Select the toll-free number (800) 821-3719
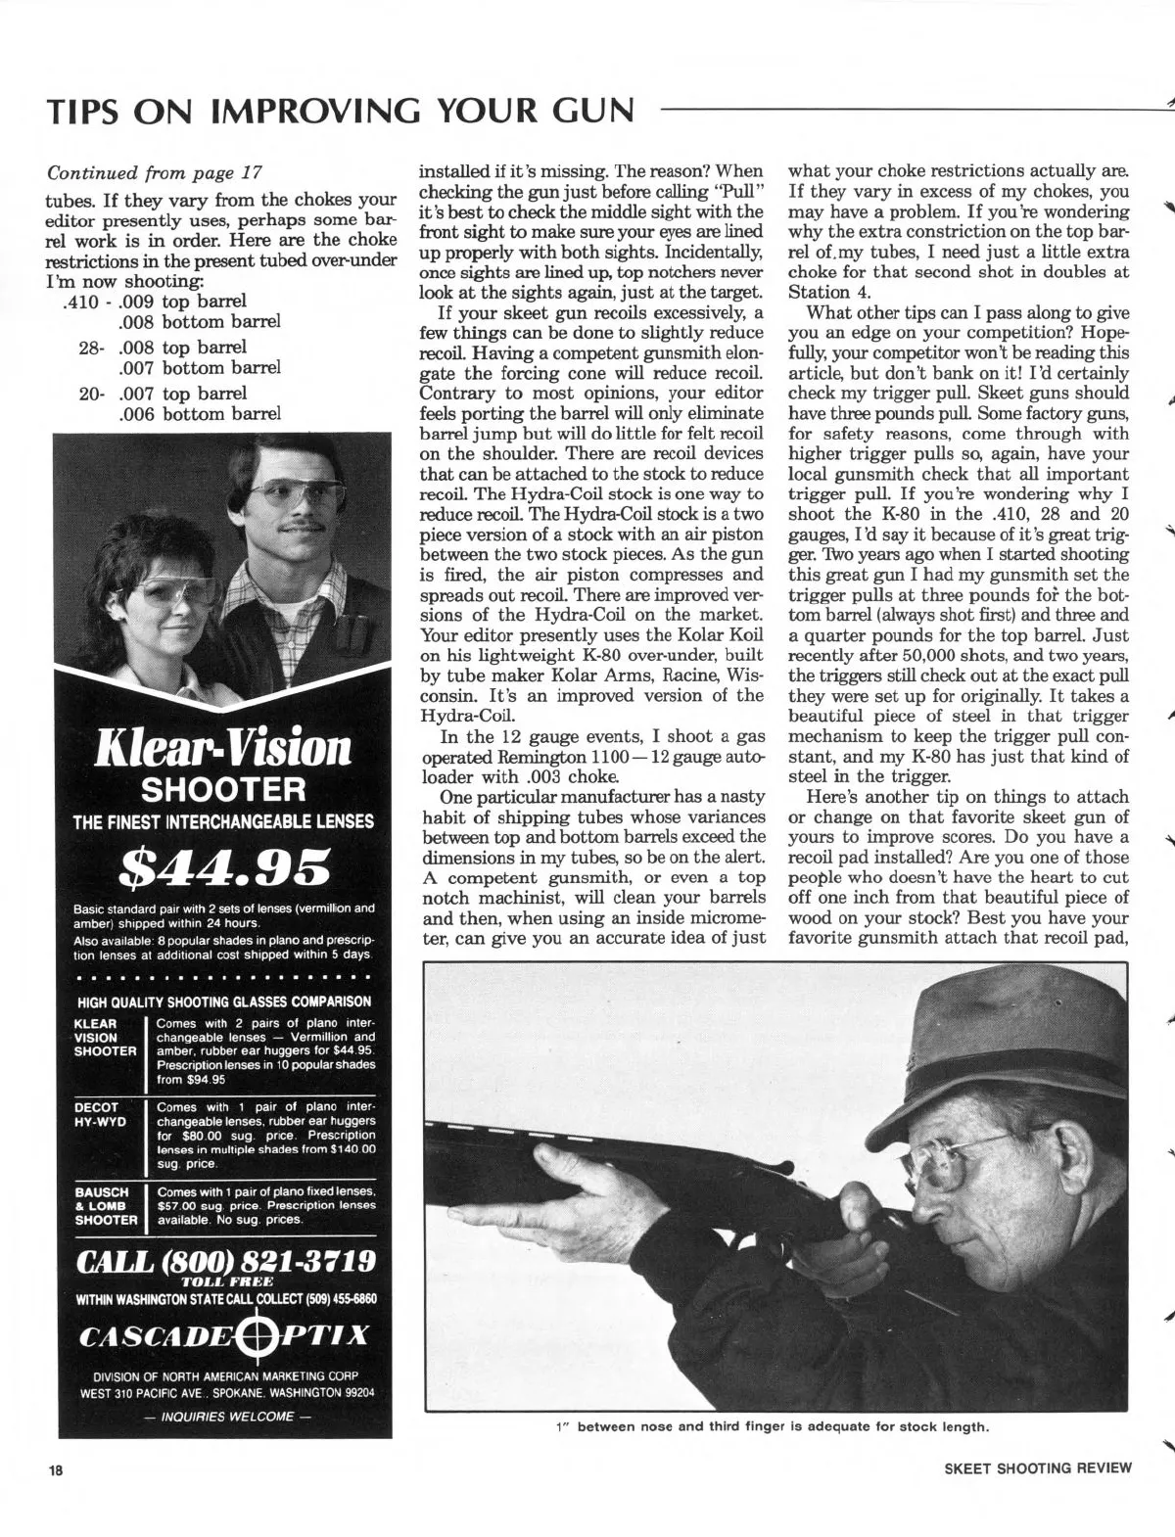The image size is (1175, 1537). pos(224,1260)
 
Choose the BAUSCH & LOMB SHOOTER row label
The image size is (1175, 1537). pos(106,1206)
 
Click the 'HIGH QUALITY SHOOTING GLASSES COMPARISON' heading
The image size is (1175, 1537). pos(224,1001)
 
